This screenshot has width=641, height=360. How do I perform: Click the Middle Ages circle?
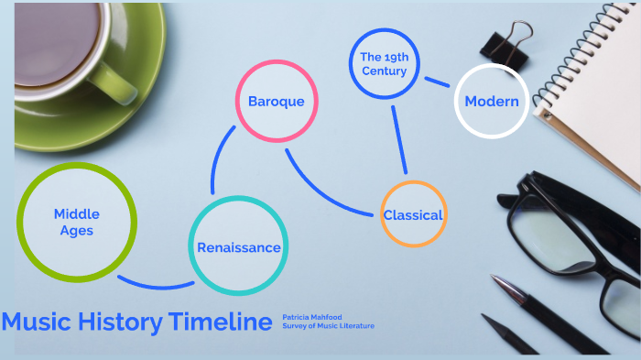click(x=77, y=222)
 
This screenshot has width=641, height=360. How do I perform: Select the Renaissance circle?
click(x=238, y=246)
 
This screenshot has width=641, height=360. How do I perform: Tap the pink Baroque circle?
click(x=276, y=101)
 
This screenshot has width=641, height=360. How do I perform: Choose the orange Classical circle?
click(x=413, y=214)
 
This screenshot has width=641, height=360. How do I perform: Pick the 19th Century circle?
click(x=384, y=64)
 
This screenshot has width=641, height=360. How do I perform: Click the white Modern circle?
click(x=492, y=101)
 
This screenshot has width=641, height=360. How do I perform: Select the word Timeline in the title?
click(x=221, y=322)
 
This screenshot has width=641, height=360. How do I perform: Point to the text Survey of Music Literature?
click(x=329, y=326)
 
